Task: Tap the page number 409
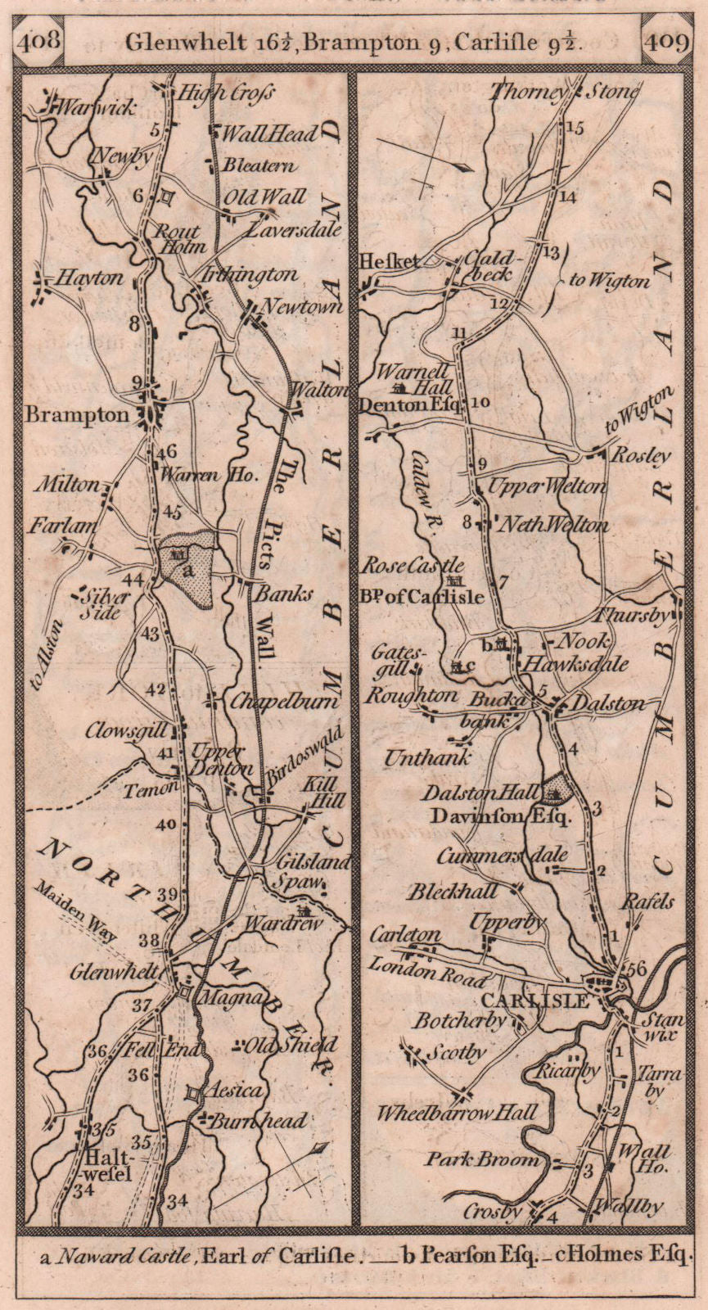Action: coord(666,41)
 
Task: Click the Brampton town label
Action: coord(77,415)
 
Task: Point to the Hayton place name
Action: coord(91,278)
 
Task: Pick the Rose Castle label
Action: coord(413,566)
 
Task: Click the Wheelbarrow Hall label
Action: coord(457,1113)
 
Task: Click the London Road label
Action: coord(427,971)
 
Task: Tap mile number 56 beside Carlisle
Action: coord(638,968)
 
